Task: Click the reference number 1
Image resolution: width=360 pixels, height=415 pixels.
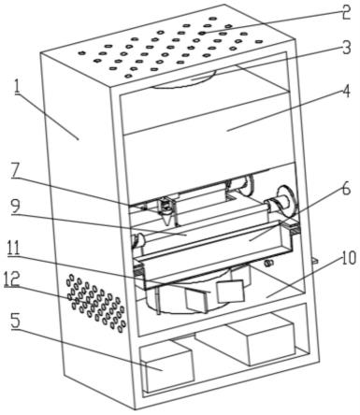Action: coord(18,89)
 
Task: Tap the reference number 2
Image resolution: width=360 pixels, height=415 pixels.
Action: coord(344,10)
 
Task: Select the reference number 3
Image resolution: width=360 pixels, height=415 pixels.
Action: coord(346,48)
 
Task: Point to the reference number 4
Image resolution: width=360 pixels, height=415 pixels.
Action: coord(346,91)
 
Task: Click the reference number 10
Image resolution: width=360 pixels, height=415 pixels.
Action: coord(349,258)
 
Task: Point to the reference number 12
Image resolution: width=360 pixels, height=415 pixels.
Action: coord(12,279)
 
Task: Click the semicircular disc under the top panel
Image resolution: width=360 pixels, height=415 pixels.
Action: coord(184,80)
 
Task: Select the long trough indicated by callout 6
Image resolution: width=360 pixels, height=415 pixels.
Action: coord(215,252)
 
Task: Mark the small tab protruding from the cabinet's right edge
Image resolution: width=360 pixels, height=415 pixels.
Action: coord(314,260)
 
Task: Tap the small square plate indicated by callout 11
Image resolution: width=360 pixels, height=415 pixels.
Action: coord(230,292)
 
